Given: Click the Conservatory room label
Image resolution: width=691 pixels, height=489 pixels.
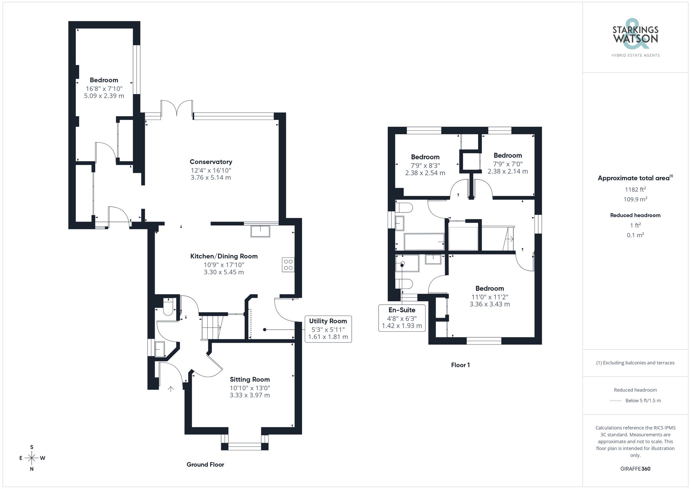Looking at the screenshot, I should coord(211,162).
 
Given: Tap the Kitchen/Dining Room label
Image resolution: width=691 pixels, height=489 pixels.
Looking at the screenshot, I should coord(224,256).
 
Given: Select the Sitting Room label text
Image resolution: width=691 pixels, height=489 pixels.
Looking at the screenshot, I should coord(249,379).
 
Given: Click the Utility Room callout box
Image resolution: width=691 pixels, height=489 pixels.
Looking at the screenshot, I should coord(328,329).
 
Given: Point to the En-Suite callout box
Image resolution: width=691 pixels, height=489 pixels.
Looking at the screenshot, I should coord(402,318).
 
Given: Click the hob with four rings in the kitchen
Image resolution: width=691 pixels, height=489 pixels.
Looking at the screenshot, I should coord(288,265).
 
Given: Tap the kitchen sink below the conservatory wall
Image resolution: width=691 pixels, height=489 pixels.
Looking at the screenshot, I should coord(260,231).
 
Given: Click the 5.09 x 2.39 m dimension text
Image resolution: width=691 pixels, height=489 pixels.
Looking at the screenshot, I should coord(104,96).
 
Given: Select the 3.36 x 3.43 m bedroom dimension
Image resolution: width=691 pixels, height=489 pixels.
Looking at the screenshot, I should coord(490,304).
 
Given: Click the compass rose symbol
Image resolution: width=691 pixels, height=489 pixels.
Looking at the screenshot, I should coord(32,458).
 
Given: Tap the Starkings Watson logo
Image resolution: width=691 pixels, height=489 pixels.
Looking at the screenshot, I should coord(635,38).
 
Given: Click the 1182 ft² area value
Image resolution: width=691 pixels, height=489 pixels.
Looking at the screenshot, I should coord(635,189).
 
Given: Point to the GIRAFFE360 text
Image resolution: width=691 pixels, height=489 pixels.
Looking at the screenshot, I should coord(635,469).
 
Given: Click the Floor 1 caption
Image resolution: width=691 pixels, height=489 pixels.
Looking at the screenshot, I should coord(460,365).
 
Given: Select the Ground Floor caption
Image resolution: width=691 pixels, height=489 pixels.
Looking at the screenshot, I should coord(205,464).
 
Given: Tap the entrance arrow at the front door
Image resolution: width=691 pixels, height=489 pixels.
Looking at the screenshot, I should coord(171,389).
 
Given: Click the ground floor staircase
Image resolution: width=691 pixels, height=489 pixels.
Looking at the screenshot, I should coord(211,327).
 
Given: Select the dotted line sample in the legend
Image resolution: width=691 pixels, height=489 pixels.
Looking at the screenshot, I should coord(616,401).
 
